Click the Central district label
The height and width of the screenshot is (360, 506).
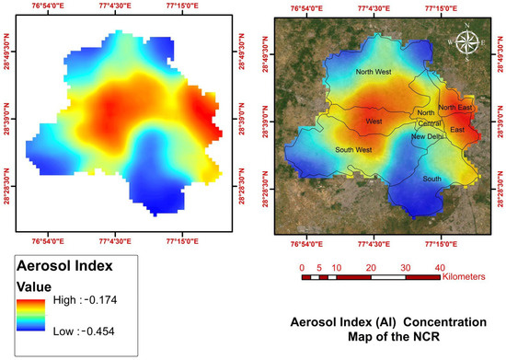coord(430,123)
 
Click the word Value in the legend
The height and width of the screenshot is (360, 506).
coord(34,286)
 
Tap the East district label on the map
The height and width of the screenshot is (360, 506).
coord(457,130)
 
